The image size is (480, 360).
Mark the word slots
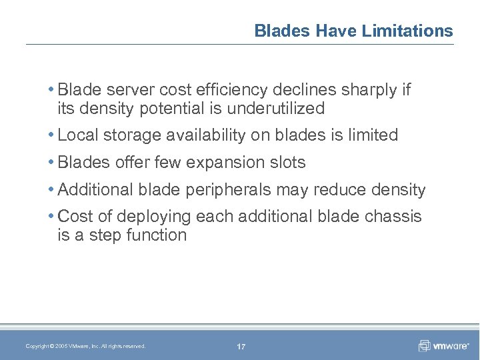click(x=287, y=163)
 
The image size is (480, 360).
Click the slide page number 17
click(x=241, y=347)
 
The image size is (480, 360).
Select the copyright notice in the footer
click(x=85, y=346)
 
